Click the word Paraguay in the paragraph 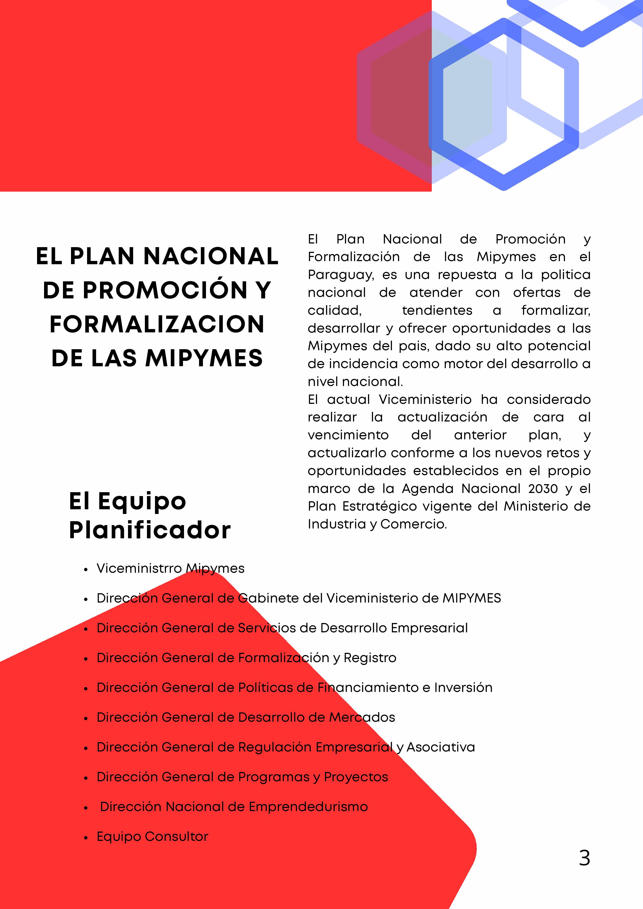(x=341, y=275)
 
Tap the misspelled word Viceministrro (x=139, y=569)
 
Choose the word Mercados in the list (x=362, y=717)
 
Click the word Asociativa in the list (x=441, y=747)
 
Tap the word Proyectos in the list (x=356, y=777)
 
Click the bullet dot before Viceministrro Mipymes (x=86, y=569)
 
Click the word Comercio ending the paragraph (x=414, y=524)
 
